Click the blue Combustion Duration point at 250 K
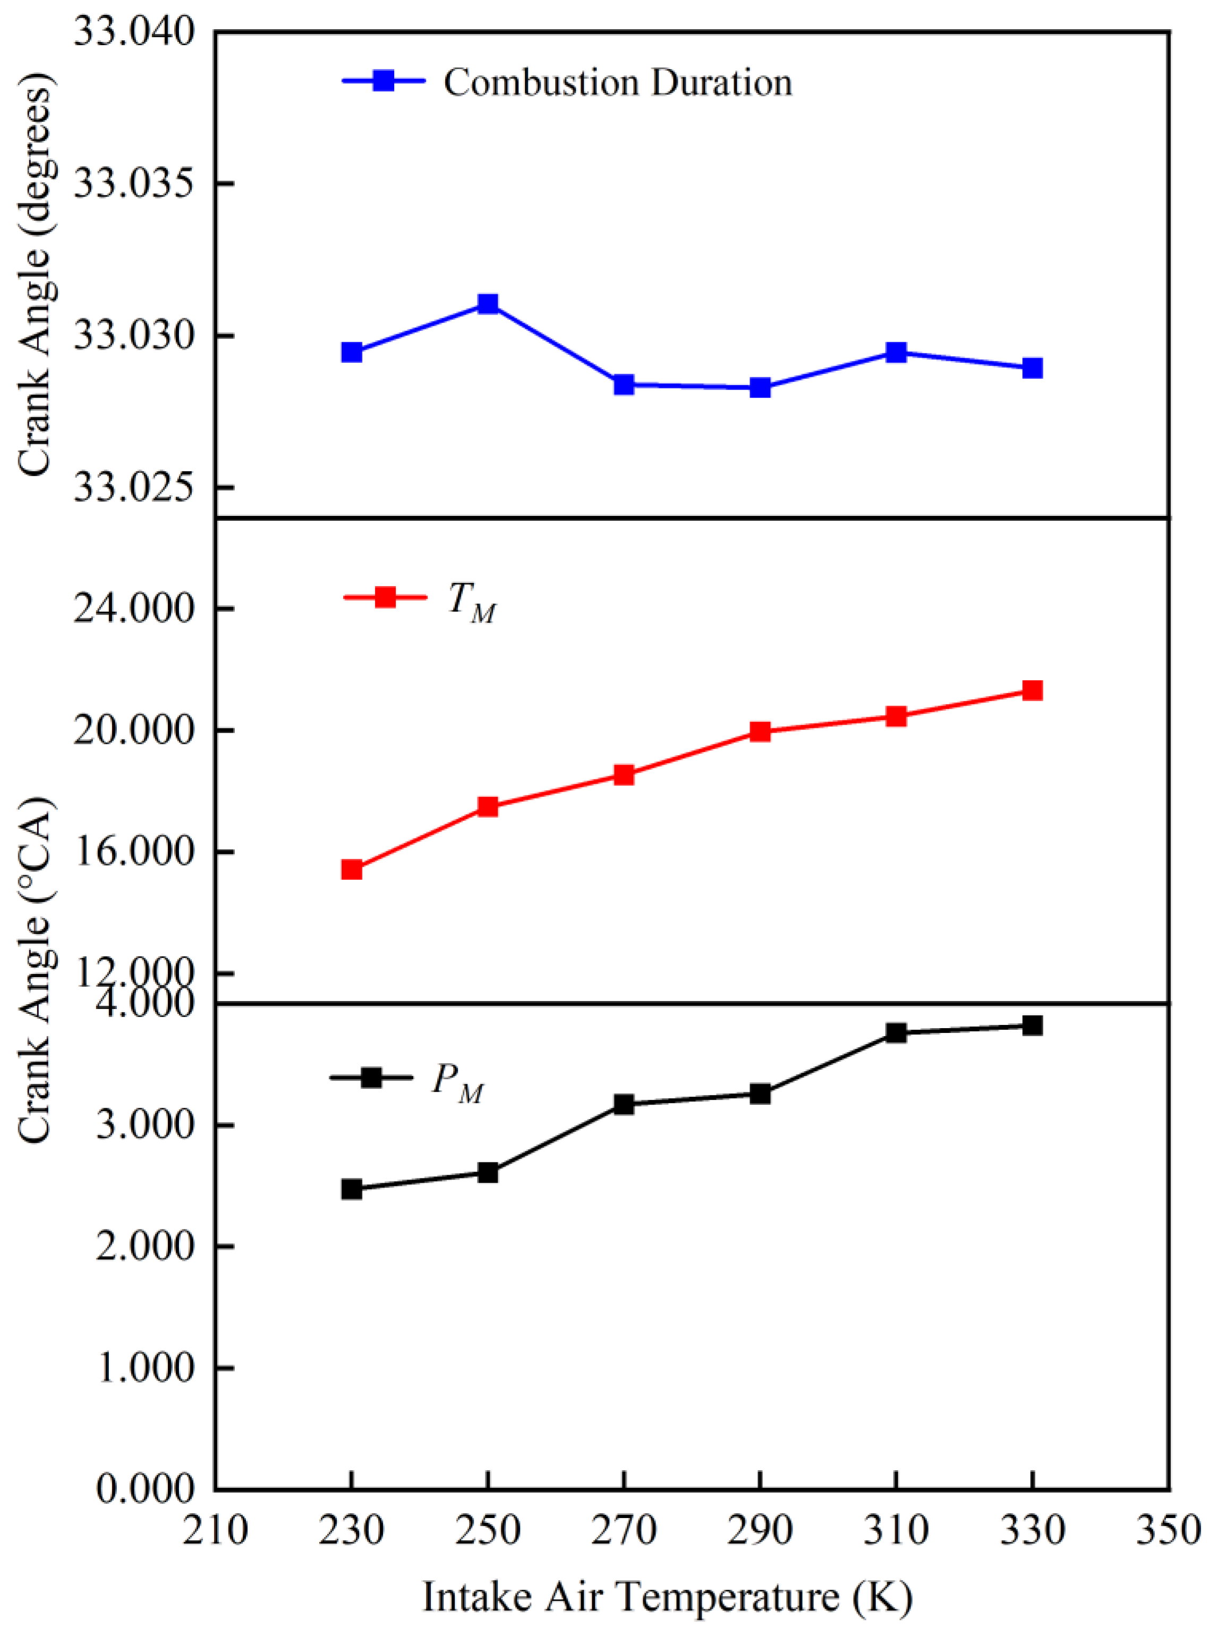tap(488, 304)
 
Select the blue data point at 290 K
tap(760, 388)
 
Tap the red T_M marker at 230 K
tap(352, 870)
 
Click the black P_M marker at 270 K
tap(624, 1104)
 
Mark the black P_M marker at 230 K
tap(352, 1189)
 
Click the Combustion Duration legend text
tap(617, 82)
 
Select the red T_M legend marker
tap(385, 597)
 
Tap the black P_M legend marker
tap(371, 1078)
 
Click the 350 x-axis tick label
tap(1169, 1529)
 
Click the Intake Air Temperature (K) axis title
tap(667, 1593)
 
